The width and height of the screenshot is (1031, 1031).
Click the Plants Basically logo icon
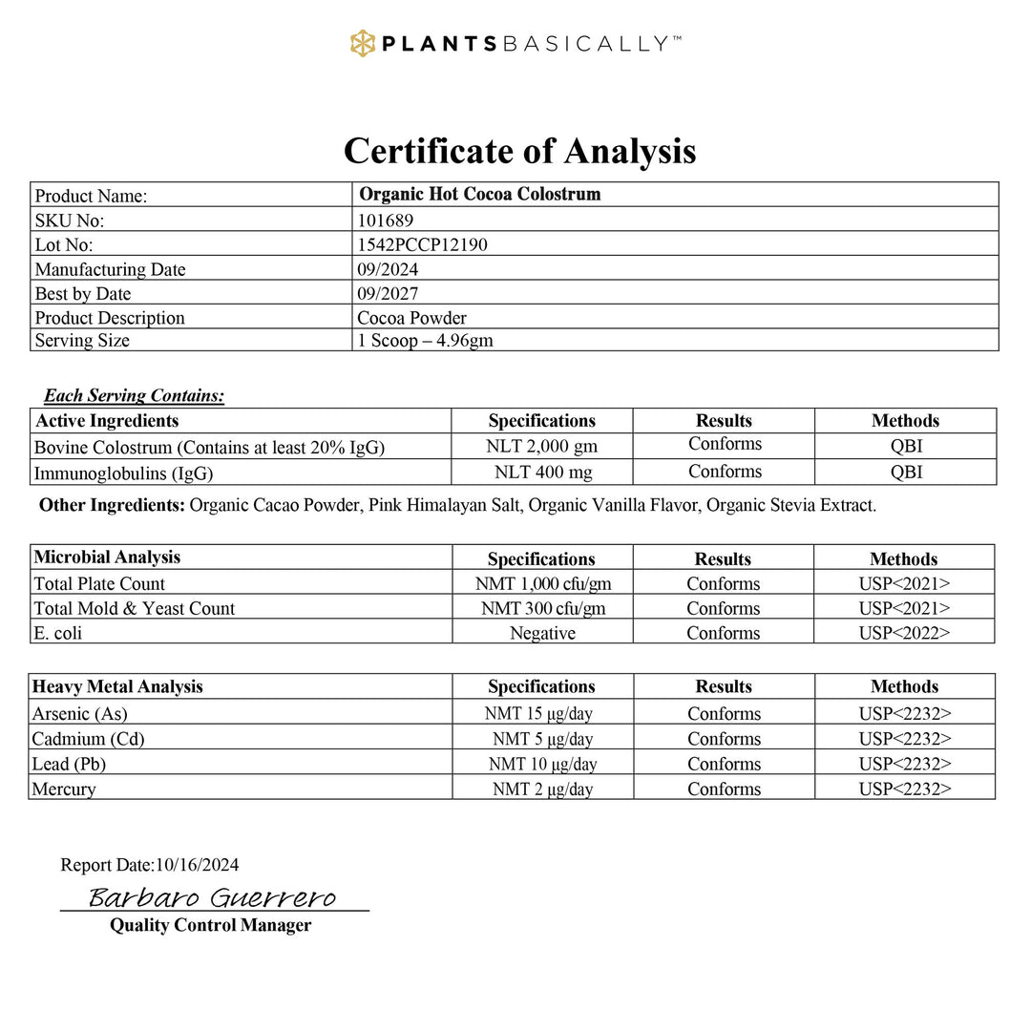click(x=363, y=43)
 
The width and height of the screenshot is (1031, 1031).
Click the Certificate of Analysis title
click(x=519, y=151)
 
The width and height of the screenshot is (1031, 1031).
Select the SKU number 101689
click(x=386, y=220)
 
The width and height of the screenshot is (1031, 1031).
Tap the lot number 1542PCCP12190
click(x=422, y=244)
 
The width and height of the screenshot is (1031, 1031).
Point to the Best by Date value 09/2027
click(x=388, y=294)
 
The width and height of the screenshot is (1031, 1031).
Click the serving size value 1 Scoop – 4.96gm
click(x=425, y=341)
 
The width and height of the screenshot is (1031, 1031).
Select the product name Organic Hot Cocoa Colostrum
click(x=479, y=195)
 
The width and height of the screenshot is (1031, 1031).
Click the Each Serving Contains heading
click(x=134, y=395)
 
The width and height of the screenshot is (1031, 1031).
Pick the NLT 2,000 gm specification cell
click(x=541, y=446)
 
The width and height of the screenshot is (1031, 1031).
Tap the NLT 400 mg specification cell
click(x=541, y=472)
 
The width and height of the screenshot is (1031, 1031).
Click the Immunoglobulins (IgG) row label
click(x=123, y=473)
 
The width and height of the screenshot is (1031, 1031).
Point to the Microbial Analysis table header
click(x=107, y=557)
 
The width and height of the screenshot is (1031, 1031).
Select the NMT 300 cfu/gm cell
click(x=541, y=608)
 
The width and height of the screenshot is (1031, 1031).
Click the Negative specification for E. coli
click(x=541, y=633)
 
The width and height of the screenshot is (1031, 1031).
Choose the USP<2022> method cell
click(x=904, y=633)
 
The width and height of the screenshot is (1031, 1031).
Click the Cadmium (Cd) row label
click(x=88, y=739)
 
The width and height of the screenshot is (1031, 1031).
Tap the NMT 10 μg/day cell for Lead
click(x=542, y=764)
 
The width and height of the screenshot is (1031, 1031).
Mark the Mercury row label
click(x=64, y=789)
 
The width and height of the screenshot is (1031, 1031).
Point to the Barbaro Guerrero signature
click(x=212, y=897)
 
